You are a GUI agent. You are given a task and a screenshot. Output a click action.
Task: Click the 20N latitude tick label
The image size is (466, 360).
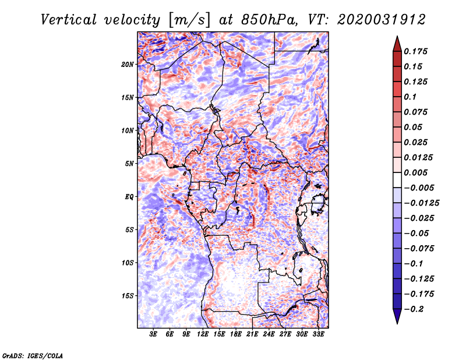coord(128,65)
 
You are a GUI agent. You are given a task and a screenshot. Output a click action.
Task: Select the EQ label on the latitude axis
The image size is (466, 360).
coord(129,197)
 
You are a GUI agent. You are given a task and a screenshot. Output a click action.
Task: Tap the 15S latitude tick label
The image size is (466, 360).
coord(128,296)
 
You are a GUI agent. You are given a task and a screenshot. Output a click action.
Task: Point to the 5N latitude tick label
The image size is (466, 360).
coord(129,164)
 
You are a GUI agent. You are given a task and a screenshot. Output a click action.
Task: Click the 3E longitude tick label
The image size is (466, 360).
coord(153,334)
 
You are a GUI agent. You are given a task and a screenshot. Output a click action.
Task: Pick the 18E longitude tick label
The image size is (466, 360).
coord(236,334)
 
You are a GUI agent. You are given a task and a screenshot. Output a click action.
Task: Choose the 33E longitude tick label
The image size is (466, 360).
coord(318,334)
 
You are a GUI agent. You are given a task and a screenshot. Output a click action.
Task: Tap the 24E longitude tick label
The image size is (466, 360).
coord(269,334)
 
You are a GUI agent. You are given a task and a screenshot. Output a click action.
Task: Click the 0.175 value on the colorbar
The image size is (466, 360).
coord(416,51)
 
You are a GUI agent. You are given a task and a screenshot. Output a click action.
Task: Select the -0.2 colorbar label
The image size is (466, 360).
coord(414,309)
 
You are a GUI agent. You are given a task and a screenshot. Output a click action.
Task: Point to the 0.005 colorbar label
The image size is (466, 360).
coord(416,172)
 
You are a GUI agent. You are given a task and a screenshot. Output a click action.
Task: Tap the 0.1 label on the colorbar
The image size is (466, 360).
coord(411,97)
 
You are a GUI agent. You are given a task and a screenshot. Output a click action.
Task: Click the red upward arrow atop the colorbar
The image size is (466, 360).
coord(397,44)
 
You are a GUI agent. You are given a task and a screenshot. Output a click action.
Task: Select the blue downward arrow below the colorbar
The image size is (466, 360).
coord(397,316)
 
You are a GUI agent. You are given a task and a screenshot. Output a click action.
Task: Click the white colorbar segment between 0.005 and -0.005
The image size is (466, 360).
coord(397,180)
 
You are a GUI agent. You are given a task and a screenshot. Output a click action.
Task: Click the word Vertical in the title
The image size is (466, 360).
coord(69,20)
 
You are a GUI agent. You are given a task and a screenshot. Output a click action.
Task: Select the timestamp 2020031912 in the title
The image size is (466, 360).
coord(382,20)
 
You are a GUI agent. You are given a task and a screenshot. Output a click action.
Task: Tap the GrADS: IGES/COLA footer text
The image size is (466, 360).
coord(33,355)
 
